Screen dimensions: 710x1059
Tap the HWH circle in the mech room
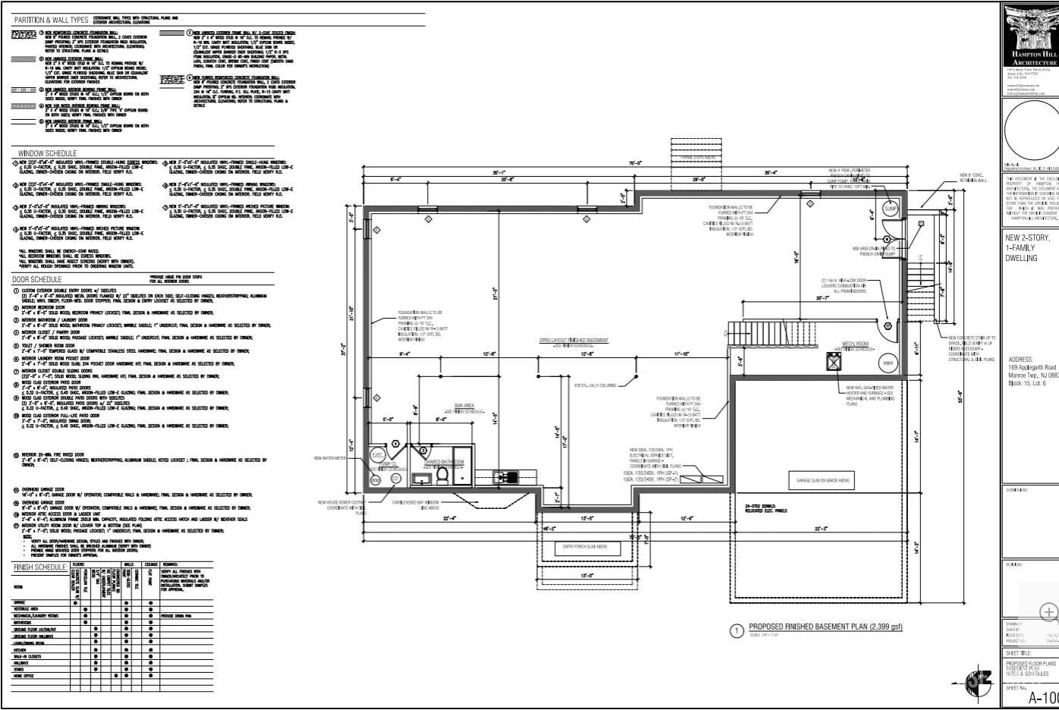pos(888,363)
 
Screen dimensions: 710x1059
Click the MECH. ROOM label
pos(853,344)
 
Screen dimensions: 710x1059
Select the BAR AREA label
pos(464,406)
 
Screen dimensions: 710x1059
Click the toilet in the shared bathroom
pos(442,474)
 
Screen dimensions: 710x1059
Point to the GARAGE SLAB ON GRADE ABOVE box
pos(822,481)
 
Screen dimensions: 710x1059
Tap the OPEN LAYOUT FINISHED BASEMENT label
pos(573,340)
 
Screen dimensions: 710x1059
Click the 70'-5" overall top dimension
pos(635,163)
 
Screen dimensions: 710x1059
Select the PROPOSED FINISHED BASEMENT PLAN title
pos(825,627)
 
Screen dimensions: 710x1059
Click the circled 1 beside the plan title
pos(735,630)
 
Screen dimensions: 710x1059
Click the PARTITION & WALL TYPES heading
pos(51,19)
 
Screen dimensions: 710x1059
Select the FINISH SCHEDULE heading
pos(40,567)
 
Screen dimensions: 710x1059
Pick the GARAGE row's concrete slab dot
pos(74,602)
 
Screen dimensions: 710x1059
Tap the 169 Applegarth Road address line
pos(1032,367)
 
